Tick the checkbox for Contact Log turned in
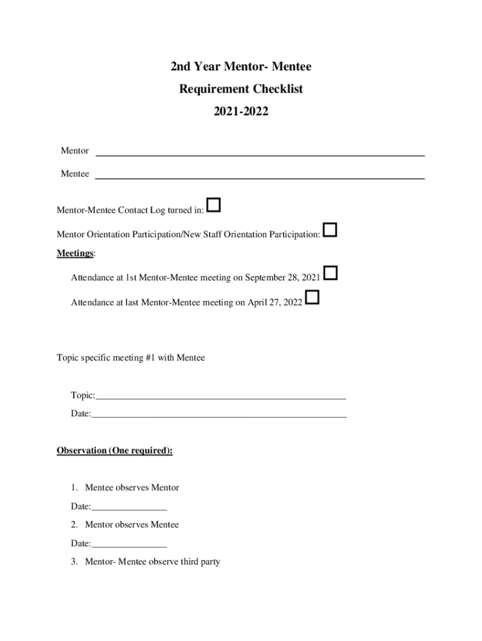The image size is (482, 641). click(213, 205)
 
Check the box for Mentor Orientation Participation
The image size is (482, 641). click(330, 230)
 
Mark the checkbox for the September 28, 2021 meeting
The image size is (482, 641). click(331, 273)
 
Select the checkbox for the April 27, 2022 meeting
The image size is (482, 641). click(312, 297)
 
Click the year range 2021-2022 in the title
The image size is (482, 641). click(241, 112)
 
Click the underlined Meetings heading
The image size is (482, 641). click(75, 254)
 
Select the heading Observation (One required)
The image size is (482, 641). click(115, 451)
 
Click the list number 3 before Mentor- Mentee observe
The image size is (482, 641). click(74, 562)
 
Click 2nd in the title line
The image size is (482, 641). click(182, 66)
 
